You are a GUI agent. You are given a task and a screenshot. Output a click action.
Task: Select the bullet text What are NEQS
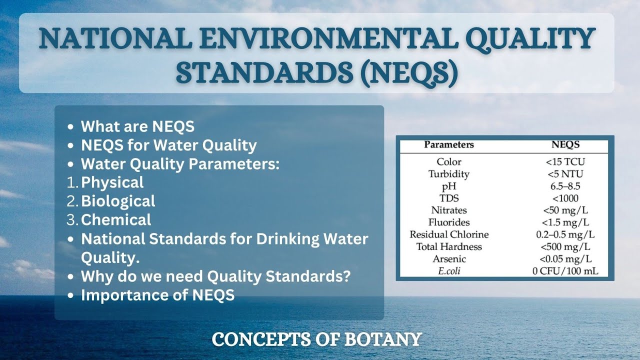137,126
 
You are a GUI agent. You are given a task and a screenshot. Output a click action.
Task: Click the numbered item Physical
112,182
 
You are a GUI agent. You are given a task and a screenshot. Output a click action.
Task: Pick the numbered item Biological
118,201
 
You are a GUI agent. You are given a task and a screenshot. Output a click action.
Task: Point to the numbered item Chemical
116,220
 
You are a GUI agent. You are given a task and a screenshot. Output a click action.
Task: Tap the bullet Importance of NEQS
157,295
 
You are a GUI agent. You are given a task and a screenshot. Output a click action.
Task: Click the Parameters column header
449,145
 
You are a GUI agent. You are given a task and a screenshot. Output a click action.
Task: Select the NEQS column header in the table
565,145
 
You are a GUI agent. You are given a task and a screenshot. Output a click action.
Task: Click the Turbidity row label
449,174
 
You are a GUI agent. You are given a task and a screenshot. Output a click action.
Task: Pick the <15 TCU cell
565,162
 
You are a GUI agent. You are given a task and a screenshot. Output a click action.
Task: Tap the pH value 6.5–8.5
565,186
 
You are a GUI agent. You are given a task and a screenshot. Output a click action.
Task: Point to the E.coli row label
449,271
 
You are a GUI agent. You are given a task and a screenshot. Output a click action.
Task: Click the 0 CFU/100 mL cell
565,271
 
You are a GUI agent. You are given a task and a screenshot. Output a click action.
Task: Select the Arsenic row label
449,259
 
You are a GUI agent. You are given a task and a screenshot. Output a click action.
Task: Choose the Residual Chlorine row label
449,234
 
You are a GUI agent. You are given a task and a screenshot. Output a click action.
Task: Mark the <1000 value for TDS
565,198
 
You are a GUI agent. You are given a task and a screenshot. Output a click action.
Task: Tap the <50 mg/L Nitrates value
565,210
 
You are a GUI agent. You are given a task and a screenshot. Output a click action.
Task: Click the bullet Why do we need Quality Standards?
215,276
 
